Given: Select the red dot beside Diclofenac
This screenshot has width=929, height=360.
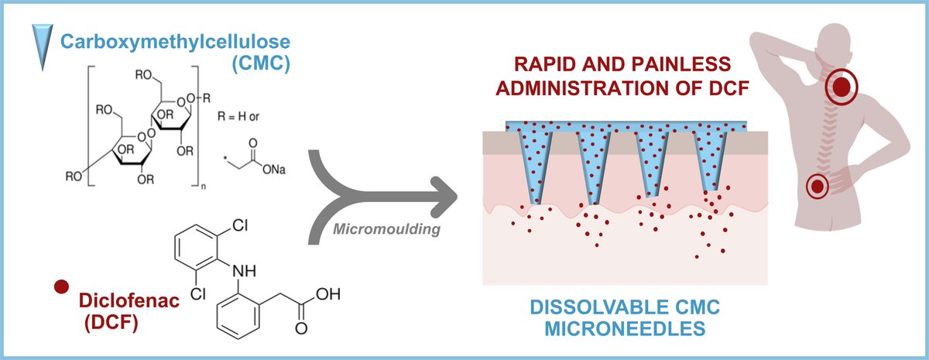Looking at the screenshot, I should point(58,288).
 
